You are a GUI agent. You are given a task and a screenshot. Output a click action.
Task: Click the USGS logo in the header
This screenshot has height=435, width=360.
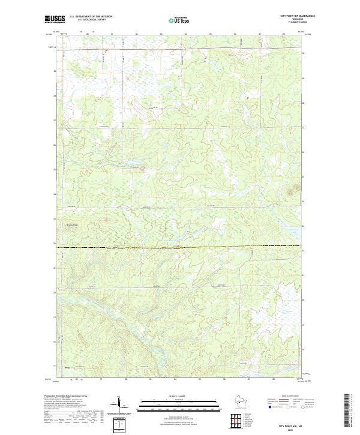(55, 19)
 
